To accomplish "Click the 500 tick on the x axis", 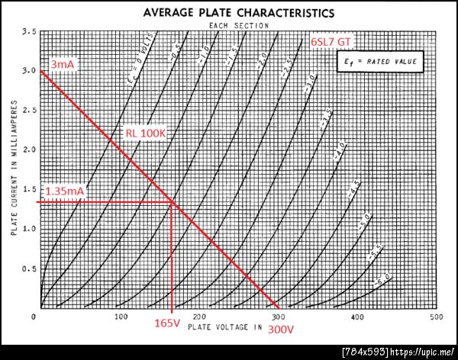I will click(437, 317).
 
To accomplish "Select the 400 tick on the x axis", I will click(356, 317).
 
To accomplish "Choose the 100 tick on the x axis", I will click(119, 317).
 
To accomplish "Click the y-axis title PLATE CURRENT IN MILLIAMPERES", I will click(14, 172).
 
